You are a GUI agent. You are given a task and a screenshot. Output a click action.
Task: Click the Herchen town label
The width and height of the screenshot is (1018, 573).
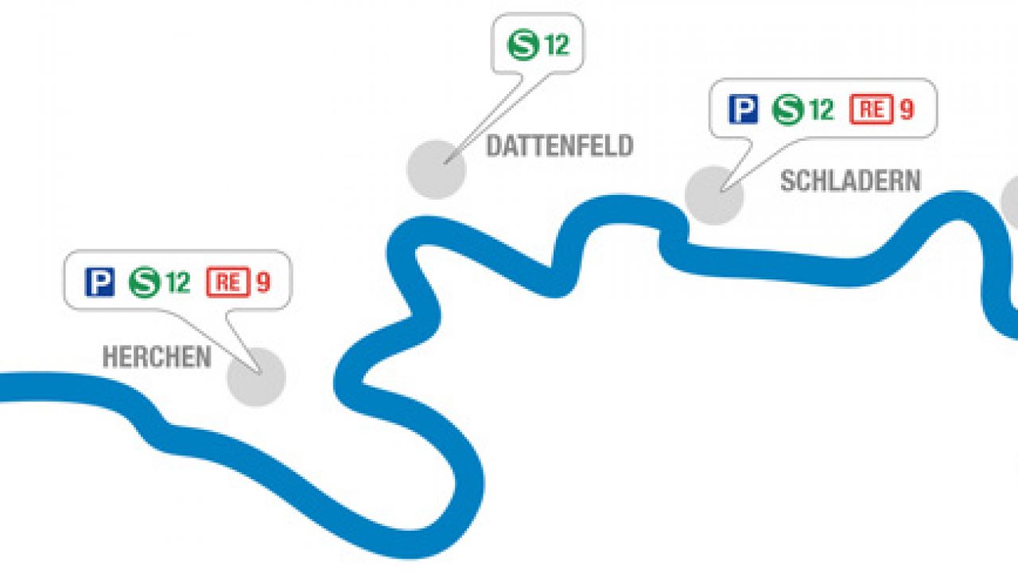point(157,357)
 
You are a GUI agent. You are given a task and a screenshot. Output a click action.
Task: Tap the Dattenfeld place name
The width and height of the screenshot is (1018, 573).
point(559,146)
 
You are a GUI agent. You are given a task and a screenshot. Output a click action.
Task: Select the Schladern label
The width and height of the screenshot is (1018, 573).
point(849,181)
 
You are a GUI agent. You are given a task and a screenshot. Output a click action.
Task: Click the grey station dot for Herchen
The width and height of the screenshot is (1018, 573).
point(255,377)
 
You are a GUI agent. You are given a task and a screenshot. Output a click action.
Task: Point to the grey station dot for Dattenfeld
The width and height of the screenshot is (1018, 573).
point(436,170)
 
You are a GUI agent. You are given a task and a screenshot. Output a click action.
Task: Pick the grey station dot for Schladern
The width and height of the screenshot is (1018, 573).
point(714,195)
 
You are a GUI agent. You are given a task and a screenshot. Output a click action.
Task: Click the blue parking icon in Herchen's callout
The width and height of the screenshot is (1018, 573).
point(100,282)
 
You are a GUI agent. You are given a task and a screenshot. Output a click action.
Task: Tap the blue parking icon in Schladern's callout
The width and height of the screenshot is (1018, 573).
point(744,109)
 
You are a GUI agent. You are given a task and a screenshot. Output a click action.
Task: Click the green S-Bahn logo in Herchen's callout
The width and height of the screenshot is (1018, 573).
point(144,283)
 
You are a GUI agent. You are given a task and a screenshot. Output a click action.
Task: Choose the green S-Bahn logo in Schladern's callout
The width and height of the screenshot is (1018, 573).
point(788,109)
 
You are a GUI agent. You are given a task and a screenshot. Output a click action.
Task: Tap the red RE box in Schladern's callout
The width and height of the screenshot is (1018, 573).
point(872,109)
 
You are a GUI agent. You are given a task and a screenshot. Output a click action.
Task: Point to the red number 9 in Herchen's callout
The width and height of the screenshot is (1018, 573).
point(263,283)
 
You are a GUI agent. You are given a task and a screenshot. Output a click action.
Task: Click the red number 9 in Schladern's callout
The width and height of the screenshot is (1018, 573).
point(907,109)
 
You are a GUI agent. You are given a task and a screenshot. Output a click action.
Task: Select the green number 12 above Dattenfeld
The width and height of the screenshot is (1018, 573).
point(557,45)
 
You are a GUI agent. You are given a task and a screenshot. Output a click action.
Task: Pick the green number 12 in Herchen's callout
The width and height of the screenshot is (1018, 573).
point(178,283)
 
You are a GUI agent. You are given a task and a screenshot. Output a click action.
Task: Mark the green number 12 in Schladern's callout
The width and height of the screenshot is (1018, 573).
point(821,109)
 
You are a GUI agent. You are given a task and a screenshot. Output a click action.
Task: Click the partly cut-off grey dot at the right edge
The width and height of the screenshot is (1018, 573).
point(1011,203)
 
